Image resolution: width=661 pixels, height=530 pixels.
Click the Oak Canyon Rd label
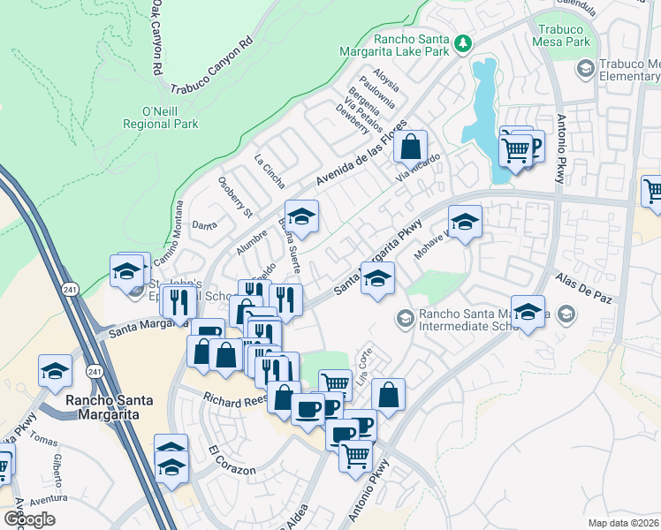pyautogui.click(x=156, y=37)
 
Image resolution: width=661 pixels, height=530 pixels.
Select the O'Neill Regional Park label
pyautogui.click(x=160, y=117)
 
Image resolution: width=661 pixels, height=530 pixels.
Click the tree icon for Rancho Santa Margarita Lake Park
pyautogui.click(x=461, y=42)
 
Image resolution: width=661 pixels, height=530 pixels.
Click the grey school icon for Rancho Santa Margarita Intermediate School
pyautogui.click(x=405, y=315)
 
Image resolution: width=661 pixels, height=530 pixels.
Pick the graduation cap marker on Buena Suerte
pyautogui.click(x=301, y=217)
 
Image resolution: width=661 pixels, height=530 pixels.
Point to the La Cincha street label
pyautogui.click(x=270, y=172)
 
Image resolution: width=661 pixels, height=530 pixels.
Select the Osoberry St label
pyautogui.click(x=235, y=195)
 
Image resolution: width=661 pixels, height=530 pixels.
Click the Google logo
pyautogui.click(x=29, y=519)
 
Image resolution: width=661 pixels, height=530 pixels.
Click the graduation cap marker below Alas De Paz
pyautogui.click(x=528, y=314)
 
